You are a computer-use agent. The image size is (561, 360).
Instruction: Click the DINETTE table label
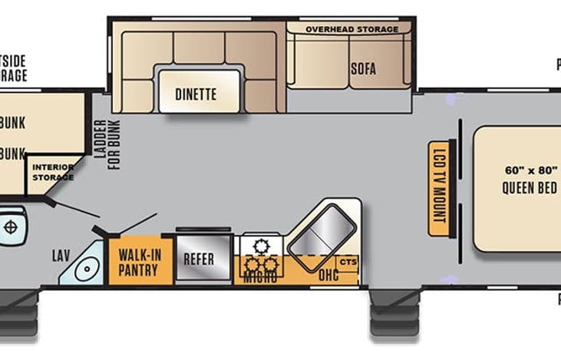coord(196,94)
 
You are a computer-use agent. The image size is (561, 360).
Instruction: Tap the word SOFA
coord(363,68)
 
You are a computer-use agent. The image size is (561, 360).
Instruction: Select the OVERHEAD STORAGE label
coord(352,29)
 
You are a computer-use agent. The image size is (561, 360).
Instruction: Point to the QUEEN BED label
coord(529,188)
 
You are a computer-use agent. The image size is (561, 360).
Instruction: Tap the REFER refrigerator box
coord(204,259)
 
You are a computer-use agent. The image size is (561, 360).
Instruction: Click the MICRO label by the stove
coord(260,278)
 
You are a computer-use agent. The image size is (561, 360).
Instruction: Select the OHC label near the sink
coord(329,274)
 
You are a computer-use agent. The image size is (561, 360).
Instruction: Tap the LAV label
coord(61,255)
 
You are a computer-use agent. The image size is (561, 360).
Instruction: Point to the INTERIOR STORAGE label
coord(52,172)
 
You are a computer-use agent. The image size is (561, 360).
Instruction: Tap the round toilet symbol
coord(11,227)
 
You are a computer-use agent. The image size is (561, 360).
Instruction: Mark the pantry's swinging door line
coord(139,223)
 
